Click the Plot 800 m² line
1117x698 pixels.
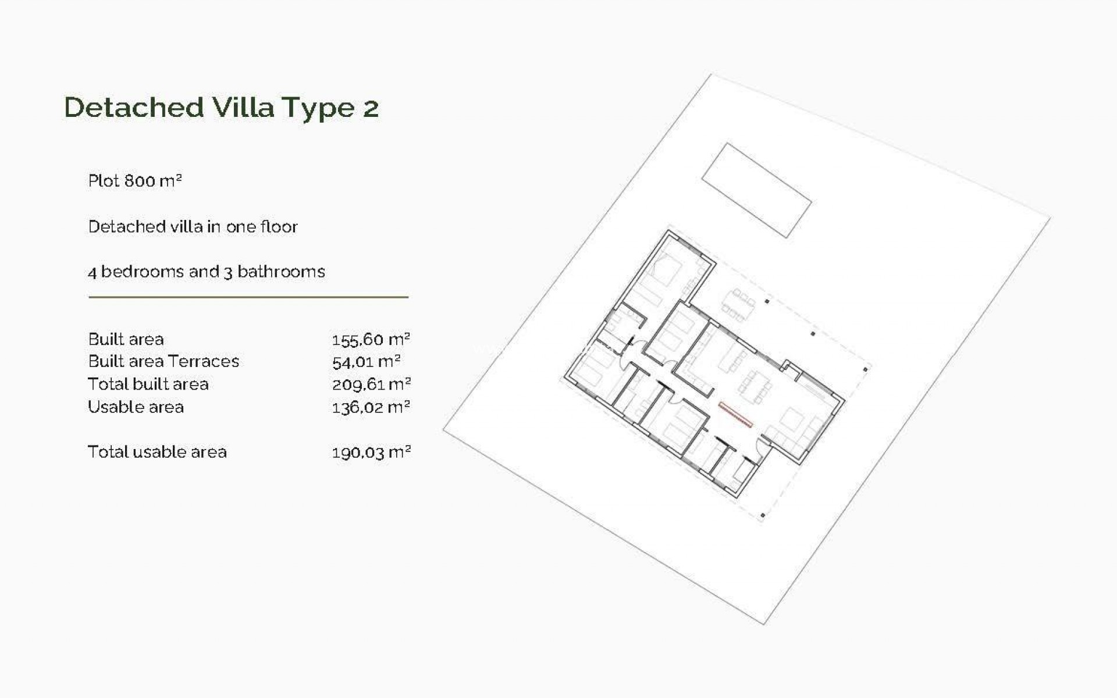[x=135, y=181]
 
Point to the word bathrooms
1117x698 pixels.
[x=281, y=272]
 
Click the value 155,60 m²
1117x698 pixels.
[x=371, y=339]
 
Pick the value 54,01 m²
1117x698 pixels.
[x=366, y=362]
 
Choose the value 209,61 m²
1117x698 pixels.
[x=371, y=384]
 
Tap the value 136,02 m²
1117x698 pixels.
[x=371, y=407]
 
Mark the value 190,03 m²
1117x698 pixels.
[x=371, y=453]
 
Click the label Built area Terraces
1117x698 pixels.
[x=163, y=361]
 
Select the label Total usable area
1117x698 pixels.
[x=157, y=452]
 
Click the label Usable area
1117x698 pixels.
[x=136, y=407]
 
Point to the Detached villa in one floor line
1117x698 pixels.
[x=193, y=226]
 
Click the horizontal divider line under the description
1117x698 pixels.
[x=248, y=297]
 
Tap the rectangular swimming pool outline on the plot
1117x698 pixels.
[x=756, y=190]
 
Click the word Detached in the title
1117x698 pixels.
[x=134, y=108]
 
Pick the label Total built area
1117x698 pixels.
[x=148, y=384]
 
